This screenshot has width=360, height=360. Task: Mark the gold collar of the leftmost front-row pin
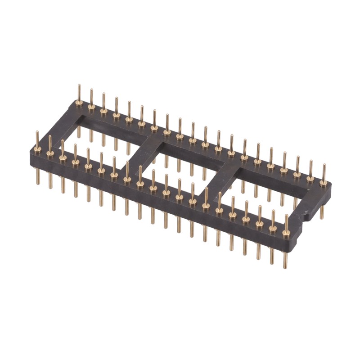(37, 148)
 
